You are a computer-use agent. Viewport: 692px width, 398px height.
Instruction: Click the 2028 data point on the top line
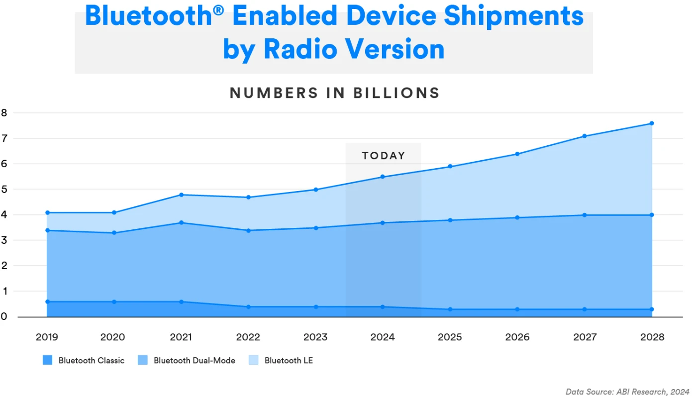point(652,123)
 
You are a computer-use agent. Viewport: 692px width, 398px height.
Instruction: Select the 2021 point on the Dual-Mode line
point(181,222)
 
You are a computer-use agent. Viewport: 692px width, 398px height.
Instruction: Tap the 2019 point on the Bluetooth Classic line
point(47,301)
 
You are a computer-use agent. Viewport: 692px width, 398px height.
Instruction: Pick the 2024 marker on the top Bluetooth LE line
point(383,177)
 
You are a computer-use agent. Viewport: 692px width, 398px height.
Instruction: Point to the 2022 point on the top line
point(248,197)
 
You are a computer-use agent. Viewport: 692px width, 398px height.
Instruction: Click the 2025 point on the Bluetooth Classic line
point(450,309)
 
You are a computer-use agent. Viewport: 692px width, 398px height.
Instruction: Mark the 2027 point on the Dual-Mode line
point(585,215)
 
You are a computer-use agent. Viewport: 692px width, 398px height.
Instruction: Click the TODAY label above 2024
point(383,156)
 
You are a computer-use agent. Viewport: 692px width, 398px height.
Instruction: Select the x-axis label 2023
point(315,337)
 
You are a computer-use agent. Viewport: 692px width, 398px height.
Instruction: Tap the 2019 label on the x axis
point(47,337)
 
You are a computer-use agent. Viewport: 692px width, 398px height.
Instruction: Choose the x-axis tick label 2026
point(517,337)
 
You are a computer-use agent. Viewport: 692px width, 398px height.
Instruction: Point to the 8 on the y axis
point(4,112)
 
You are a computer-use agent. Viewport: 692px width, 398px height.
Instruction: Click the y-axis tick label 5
point(4,190)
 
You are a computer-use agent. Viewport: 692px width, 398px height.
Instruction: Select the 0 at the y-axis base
point(4,316)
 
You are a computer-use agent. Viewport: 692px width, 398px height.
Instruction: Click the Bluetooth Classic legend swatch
point(48,360)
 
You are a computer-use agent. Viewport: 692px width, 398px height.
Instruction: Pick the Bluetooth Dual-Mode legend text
point(194,360)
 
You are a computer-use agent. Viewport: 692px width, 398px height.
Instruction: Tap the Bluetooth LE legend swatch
point(254,360)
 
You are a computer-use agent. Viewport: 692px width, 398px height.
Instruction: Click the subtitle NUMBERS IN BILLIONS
point(334,93)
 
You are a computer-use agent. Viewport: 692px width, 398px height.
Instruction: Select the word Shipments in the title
point(513,16)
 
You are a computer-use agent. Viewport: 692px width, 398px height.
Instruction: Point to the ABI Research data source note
point(627,392)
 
